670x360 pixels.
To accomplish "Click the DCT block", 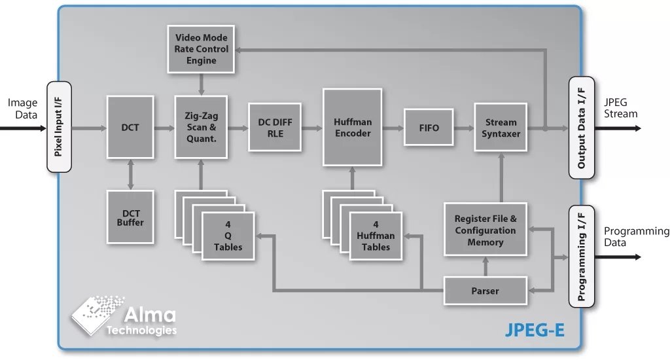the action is [130, 128].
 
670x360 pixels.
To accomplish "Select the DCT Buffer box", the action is [130, 217].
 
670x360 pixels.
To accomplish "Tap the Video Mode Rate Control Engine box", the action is [201, 49].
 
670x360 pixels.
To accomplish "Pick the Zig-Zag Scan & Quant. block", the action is [201, 127].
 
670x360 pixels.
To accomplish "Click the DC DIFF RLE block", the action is [275, 128].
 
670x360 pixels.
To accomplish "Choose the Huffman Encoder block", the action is [353, 128].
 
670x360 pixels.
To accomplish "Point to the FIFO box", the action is [429, 128].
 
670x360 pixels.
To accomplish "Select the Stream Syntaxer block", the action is [501, 128].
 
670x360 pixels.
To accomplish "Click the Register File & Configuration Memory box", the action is [485, 230].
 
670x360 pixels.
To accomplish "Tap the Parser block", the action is [485, 291].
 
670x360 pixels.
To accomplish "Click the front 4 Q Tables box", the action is [228, 236].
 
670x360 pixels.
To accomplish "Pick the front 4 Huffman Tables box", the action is [376, 236].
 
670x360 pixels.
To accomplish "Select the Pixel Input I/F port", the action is [59, 127].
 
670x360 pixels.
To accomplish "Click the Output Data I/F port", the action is [582, 128].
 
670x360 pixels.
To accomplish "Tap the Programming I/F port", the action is [582, 257].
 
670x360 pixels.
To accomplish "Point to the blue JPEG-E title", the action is [535, 330].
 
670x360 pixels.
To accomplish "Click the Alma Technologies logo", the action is [124, 315].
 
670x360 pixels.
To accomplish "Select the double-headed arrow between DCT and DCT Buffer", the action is [130, 175].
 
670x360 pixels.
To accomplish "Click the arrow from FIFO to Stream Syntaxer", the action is [464, 128].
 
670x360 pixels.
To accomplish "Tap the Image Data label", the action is [23, 109].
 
